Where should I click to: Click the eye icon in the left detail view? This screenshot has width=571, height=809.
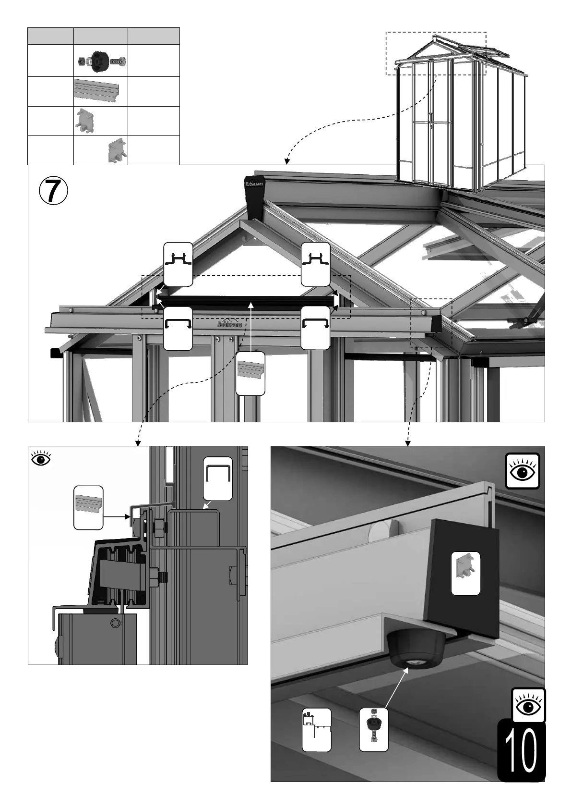[41, 458]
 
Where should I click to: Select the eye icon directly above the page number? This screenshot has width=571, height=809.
[528, 705]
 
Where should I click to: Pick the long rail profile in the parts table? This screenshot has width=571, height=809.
[98, 91]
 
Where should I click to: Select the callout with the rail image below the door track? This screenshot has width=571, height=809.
[250, 373]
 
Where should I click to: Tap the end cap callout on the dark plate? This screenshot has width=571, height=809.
[465, 573]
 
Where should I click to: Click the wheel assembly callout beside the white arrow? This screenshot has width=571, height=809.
[374, 730]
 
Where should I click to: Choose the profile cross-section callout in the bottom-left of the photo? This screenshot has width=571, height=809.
[316, 730]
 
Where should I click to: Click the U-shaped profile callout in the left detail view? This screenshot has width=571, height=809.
[217, 478]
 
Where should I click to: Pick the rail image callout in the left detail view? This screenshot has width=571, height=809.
[88, 507]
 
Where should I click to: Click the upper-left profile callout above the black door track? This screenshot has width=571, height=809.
[178, 264]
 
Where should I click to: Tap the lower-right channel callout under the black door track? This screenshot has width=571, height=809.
[315, 328]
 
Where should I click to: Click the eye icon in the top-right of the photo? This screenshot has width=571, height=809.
[523, 471]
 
